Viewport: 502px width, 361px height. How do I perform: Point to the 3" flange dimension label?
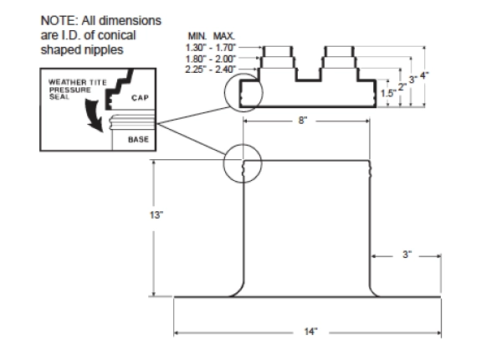[407, 255]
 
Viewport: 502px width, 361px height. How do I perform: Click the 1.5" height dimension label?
[387, 94]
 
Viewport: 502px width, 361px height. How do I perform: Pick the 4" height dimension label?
[426, 75]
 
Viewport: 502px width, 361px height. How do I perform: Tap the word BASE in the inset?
[137, 139]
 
